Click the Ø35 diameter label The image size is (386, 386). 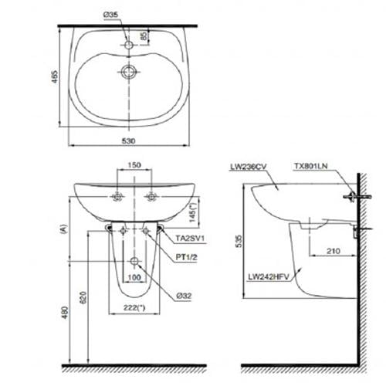point(111,15)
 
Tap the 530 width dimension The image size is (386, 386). point(128,141)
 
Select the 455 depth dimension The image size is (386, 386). point(55,76)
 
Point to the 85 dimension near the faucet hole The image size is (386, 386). point(145,36)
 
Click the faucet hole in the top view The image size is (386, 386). point(129,45)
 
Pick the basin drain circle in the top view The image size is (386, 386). point(129,72)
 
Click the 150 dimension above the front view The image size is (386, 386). point(134,164)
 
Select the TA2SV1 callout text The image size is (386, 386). point(190,239)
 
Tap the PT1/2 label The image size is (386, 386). point(186,257)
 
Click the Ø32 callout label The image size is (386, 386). point(184,296)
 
